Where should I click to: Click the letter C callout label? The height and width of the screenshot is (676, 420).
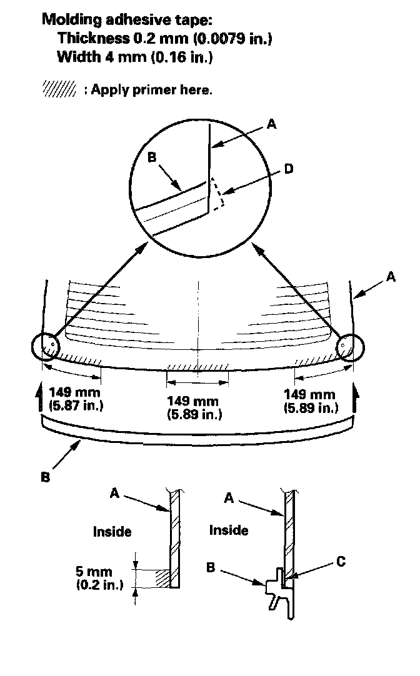point(341,561)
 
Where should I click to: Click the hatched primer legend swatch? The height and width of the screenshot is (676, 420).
point(59,89)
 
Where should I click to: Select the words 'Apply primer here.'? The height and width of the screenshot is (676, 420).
point(151,89)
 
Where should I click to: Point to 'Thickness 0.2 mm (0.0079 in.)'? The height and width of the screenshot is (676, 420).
point(164,39)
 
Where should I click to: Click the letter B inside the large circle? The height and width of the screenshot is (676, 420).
point(152,157)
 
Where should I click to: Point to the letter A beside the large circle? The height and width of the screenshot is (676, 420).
point(271,124)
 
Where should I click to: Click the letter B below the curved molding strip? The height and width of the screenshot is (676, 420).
point(45,477)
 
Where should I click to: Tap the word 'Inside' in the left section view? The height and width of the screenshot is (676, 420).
point(112,532)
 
